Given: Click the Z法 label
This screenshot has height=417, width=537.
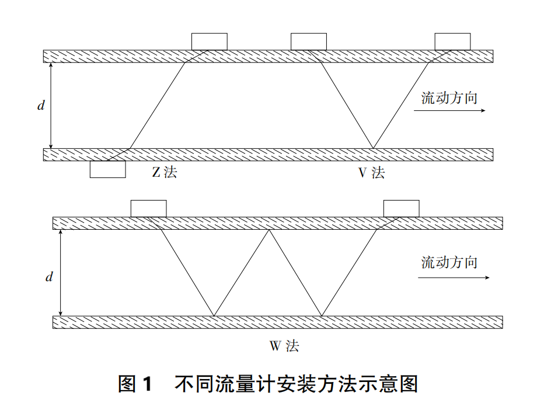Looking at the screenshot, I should pos(164,173).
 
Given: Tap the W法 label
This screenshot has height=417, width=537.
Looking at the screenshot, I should pos(284,346).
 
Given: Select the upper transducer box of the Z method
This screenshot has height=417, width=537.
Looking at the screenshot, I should pos(210,41).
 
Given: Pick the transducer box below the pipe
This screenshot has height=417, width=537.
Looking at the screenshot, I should pos(107,169).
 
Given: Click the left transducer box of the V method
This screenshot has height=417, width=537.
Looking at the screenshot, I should pos(309,41).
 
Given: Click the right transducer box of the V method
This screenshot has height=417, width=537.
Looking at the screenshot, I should pos(453,41).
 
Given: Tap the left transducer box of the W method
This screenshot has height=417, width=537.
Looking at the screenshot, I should pos(148,208).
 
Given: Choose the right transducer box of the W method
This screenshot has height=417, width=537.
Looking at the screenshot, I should pos(402,208).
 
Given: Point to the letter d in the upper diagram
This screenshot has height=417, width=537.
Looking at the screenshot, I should pos(40,106).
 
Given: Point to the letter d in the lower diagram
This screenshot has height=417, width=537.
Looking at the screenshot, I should pos(50,277).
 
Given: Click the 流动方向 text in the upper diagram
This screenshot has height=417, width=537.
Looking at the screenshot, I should pos(449,97).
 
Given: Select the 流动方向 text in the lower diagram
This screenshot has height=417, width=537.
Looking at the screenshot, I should pos(449,262).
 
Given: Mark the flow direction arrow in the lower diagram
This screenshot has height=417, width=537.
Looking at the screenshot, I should pos(454,278).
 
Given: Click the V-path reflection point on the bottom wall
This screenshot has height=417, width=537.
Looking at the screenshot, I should pos(373,148).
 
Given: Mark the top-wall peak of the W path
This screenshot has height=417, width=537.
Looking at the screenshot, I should pos(269,230).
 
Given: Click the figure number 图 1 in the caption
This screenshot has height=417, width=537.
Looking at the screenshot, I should pos(135,384).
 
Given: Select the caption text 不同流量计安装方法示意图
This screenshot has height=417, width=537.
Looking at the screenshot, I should pos(296,384).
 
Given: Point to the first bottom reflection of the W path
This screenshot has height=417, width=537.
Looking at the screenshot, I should pos(214,316).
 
